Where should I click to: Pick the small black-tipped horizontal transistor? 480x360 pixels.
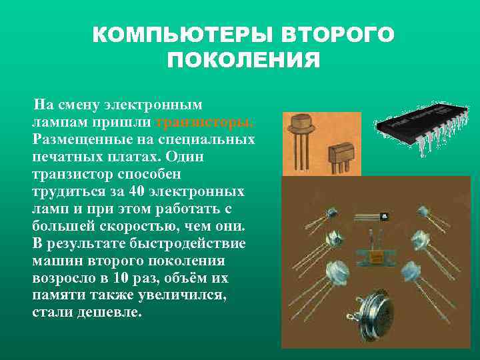pos(373,217)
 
